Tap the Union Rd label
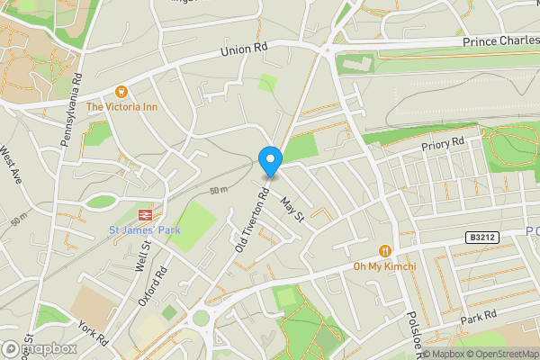pos(244,49)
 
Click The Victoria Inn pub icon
pos(121,91)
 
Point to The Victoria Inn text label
pos(121,106)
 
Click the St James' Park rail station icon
pos(143,215)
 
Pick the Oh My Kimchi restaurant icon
pos(386,251)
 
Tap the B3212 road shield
pos(481,237)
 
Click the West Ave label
pos(11,165)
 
